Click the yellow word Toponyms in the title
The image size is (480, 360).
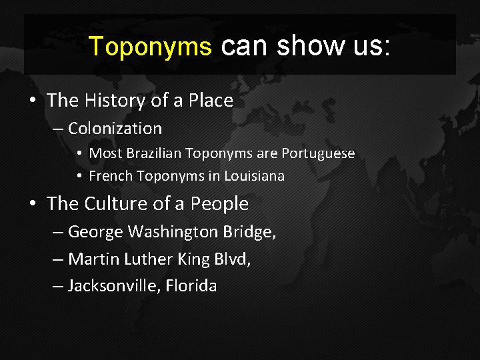tap(150, 46)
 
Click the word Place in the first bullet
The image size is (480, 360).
tap(211, 101)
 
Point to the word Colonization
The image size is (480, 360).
tap(115, 128)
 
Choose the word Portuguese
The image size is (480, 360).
tap(318, 153)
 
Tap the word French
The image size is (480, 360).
tap(111, 176)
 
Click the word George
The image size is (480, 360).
tap(95, 232)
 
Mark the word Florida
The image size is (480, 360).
tap(191, 286)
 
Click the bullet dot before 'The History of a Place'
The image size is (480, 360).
tap(32, 101)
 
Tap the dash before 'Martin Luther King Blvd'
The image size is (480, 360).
tap(58, 259)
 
